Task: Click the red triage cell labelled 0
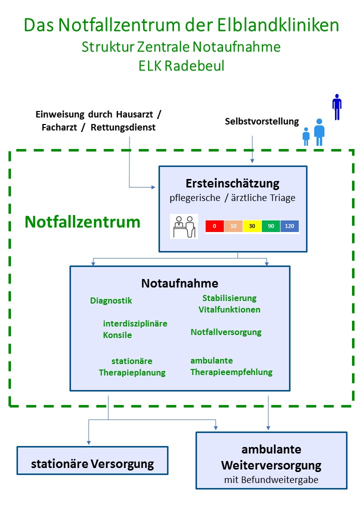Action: (214, 226)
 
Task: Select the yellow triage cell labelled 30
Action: (252, 226)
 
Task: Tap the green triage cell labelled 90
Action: (271, 226)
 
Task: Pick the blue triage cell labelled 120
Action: (289, 226)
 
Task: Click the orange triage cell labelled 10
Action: (233, 226)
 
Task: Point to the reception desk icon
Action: (184, 226)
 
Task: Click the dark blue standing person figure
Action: (337, 106)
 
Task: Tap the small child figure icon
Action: (306, 136)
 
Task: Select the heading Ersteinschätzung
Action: (232, 182)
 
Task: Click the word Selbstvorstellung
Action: (262, 121)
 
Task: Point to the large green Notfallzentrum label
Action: (82, 221)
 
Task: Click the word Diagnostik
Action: (111, 300)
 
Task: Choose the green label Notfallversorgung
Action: (226, 332)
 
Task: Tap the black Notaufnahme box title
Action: (180, 283)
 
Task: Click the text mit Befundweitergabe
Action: (271, 480)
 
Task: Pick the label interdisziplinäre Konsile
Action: (135, 329)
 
